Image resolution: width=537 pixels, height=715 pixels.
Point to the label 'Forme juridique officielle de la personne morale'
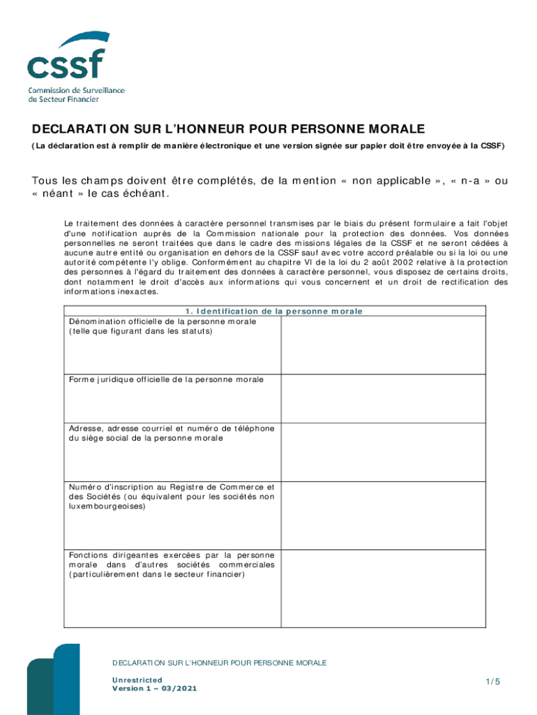click(166, 379)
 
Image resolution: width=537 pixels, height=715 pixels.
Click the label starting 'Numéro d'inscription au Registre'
click(171, 487)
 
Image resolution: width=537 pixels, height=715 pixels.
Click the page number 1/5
click(493, 681)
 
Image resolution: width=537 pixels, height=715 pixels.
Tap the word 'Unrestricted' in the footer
click(137, 679)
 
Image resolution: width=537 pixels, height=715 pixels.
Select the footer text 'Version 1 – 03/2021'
click(154, 688)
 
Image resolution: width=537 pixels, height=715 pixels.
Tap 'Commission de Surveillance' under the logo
click(76, 91)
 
